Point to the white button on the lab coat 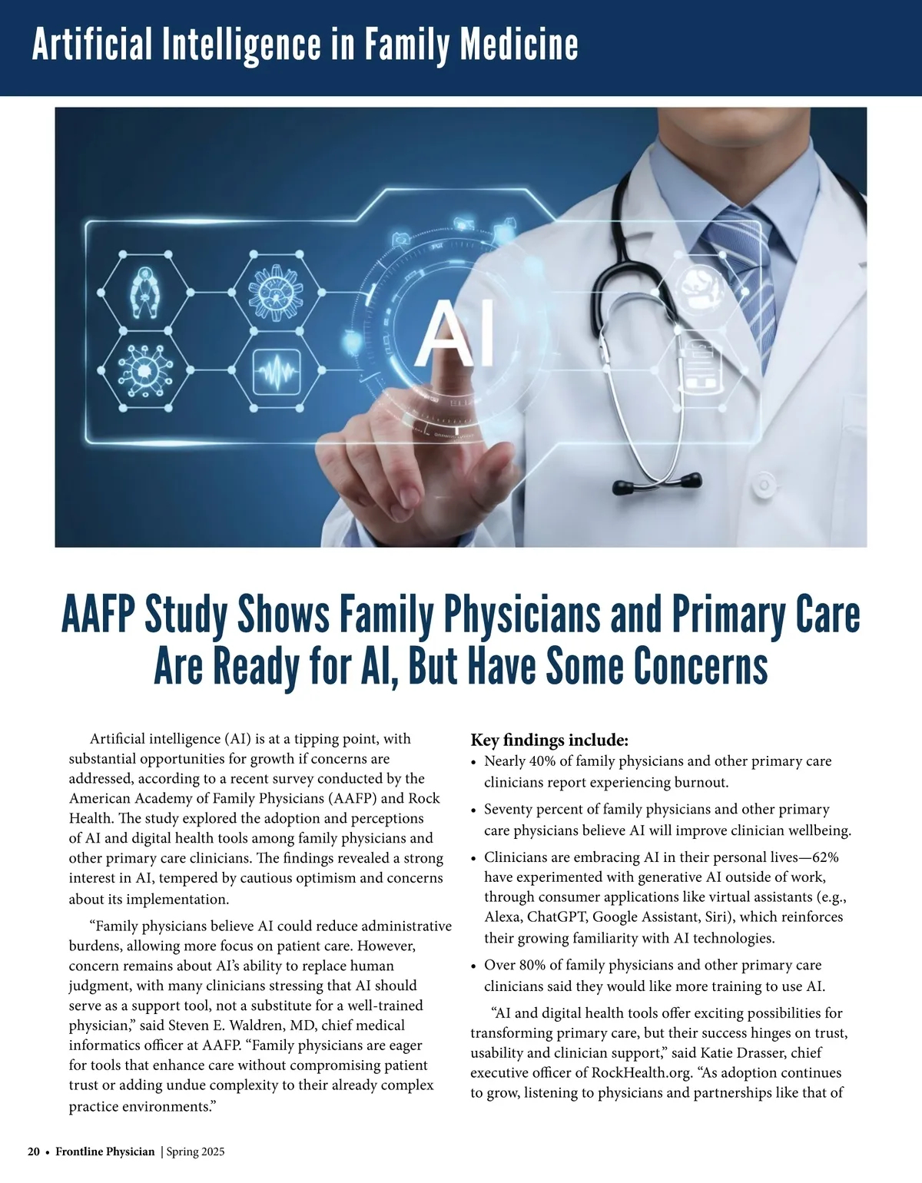pyautogui.click(x=764, y=483)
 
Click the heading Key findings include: pyautogui.click(x=549, y=741)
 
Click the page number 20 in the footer pyautogui.click(x=34, y=1152)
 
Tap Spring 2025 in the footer pyautogui.click(x=195, y=1152)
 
